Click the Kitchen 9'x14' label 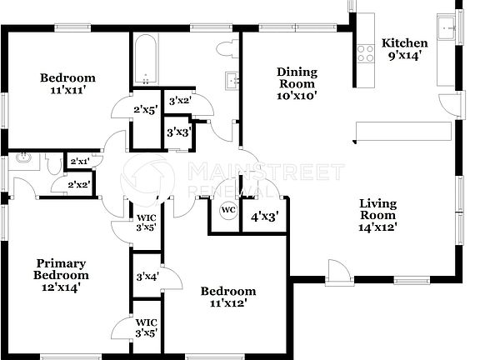point(404,51)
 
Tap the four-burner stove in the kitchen point(365,53)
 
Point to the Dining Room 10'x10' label point(296,83)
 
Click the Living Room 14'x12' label point(377,214)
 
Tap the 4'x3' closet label point(264,216)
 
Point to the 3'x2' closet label point(180,101)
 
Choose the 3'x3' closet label point(178,132)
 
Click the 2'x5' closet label point(145,108)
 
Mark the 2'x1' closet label point(80,161)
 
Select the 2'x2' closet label point(79,184)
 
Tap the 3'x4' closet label point(147,274)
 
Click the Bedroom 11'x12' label point(227,297)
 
